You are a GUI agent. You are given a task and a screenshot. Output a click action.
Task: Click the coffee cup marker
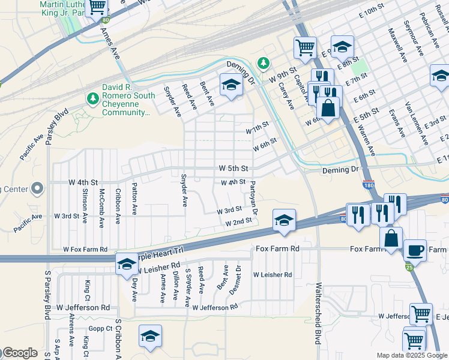tap(415, 250)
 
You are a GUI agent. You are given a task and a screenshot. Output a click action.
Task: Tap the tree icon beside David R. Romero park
tap(92, 97)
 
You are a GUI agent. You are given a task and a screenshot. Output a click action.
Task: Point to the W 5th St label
tap(233, 169)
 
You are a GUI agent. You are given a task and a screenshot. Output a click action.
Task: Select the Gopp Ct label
tap(100, 328)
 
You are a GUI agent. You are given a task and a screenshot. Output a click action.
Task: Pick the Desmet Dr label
tap(238, 275)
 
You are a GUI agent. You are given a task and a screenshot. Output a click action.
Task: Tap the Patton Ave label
tap(134, 199)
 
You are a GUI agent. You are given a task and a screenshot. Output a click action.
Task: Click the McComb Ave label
tap(102, 207)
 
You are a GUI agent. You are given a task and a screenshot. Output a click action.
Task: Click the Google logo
tap(19, 353)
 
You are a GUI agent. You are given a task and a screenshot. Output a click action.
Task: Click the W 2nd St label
tap(238, 223)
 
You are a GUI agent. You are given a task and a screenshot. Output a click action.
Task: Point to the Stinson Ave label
tap(85, 206)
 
